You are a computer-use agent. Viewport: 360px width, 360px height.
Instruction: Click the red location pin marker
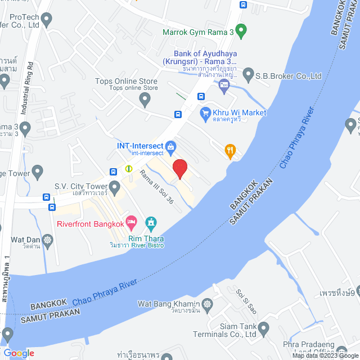pos(179,168)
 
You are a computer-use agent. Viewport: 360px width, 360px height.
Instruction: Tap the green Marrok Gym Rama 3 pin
pos(241,30)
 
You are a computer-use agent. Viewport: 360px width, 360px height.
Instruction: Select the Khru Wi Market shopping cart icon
pos(205,113)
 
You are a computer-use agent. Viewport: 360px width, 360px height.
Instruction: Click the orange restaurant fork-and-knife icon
pos(229,150)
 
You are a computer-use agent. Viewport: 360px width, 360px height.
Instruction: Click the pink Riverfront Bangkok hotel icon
pos(131,221)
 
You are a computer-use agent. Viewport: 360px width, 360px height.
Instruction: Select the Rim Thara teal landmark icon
pos(151,223)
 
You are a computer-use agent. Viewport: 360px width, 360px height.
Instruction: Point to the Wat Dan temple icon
pos(48,241)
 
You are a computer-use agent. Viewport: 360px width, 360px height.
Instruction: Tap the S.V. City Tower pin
pos(115,186)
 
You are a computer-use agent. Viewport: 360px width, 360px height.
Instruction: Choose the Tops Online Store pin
pos(145,100)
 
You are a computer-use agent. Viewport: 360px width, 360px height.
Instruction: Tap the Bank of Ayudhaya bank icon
pos(224,85)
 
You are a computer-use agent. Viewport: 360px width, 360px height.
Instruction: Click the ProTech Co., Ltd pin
pos(46,21)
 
